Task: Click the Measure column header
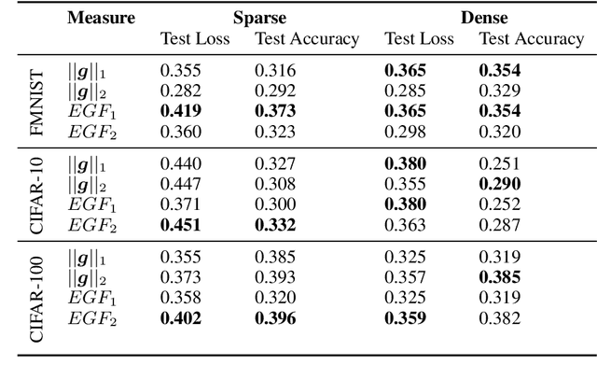point(101,18)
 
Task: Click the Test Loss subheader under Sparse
point(191,39)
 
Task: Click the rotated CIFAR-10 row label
point(36,192)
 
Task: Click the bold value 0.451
point(180,224)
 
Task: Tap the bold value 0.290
point(500,185)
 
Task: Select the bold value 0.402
point(180,318)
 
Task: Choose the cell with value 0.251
point(498,164)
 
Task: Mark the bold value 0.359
point(406,318)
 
